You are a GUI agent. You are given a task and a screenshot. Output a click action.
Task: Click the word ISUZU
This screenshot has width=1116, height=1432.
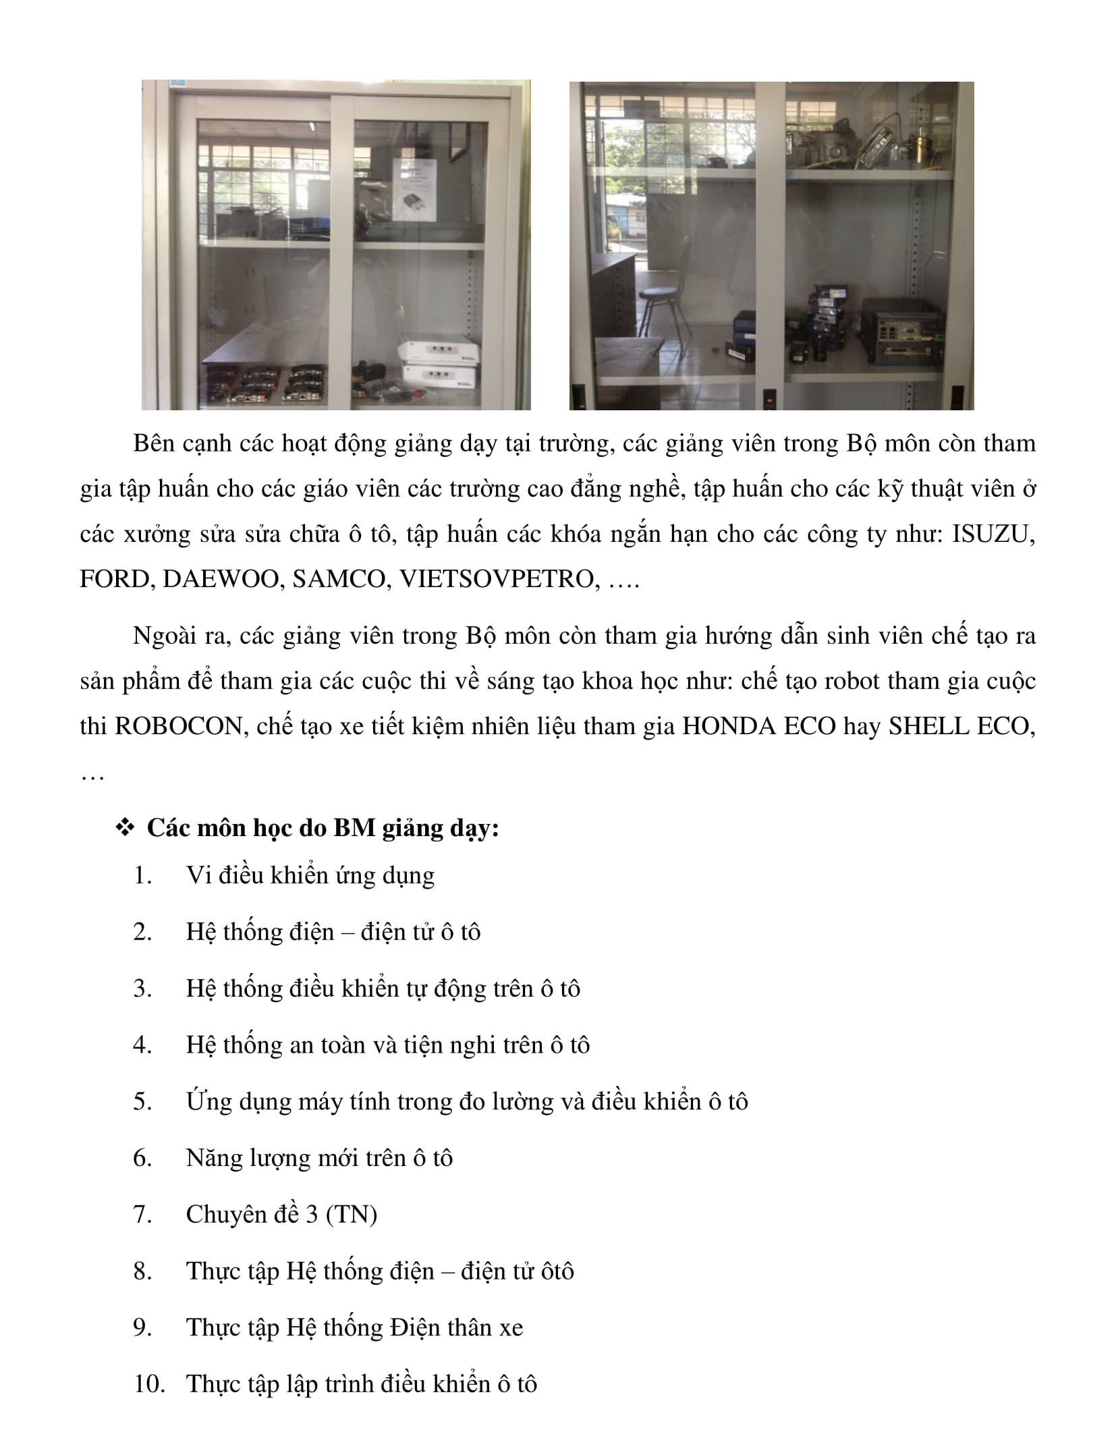993,534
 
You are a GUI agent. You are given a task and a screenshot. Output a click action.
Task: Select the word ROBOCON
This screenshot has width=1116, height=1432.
179,727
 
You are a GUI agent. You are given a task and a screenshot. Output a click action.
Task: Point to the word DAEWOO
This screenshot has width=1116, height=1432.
221,580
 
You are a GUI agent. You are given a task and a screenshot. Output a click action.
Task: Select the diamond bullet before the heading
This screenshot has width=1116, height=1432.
125,827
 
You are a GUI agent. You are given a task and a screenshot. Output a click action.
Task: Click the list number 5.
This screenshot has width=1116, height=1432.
142,1101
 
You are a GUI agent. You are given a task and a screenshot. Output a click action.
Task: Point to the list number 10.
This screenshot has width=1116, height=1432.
150,1384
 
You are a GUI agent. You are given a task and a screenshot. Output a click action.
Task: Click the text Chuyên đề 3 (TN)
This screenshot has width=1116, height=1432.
281,1215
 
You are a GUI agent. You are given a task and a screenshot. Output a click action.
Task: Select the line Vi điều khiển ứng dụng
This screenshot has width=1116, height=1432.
310,876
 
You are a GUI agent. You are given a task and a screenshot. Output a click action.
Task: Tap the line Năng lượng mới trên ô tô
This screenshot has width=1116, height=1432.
319,1158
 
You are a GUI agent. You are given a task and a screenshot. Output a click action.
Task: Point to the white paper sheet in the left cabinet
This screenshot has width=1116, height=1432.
415,190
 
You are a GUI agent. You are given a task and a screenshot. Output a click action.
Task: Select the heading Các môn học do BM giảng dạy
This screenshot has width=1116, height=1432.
323,828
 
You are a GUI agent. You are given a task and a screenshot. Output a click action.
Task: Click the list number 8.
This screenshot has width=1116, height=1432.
142,1271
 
